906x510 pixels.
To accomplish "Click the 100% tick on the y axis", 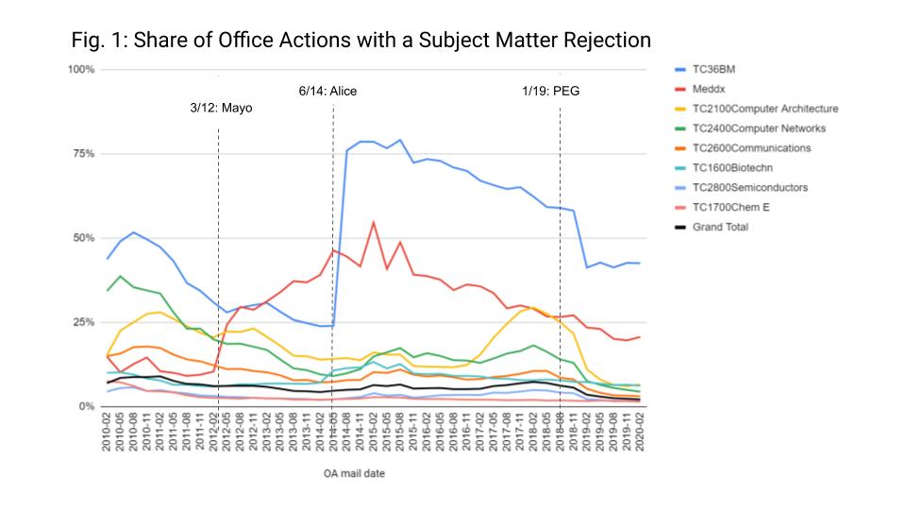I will [81, 70].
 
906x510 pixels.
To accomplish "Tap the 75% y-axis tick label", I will [83, 154].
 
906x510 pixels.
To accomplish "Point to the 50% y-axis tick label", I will [83, 238].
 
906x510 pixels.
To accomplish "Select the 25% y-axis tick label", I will [83, 322].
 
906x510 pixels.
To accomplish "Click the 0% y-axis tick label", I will [86, 406].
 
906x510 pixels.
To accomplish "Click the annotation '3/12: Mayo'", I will [221, 109].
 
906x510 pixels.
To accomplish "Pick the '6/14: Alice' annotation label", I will [327, 91].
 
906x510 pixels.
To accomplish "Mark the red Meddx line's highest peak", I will [374, 222].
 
